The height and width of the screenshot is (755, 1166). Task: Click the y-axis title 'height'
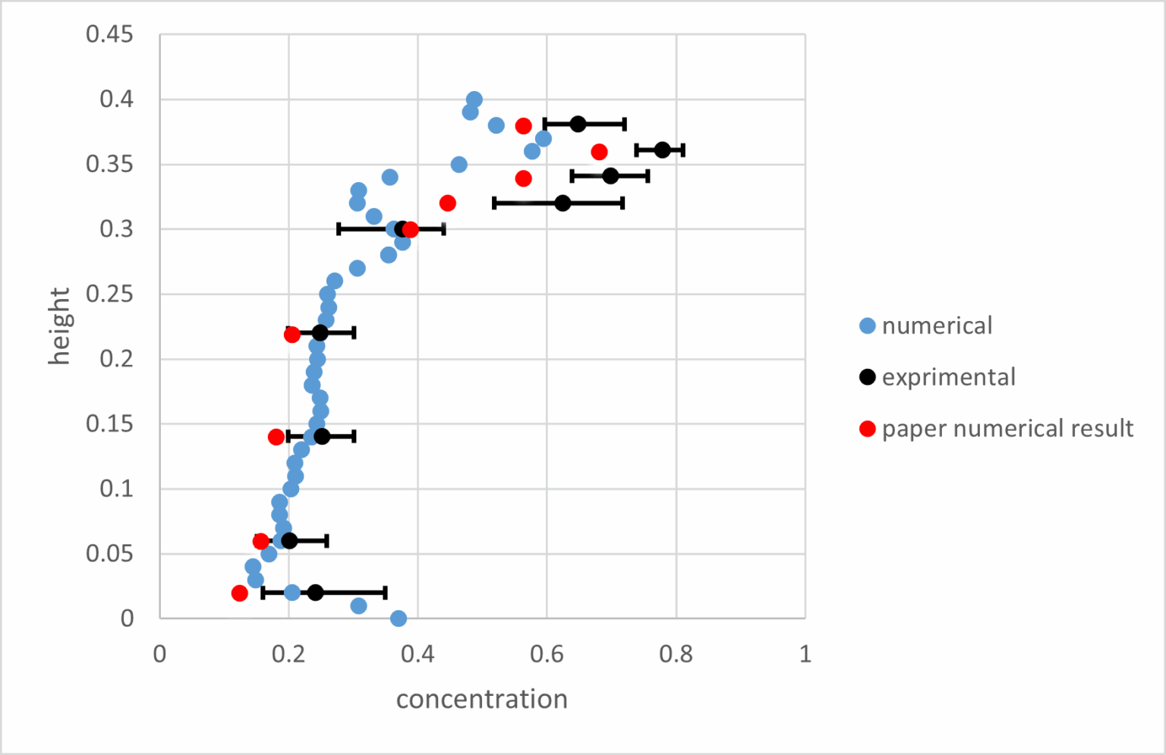click(59, 326)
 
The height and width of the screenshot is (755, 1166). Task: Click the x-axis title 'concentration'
click(481, 699)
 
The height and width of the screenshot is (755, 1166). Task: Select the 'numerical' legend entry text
click(937, 326)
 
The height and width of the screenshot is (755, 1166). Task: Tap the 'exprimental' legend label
click(948, 377)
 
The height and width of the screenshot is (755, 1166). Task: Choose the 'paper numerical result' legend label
click(1007, 429)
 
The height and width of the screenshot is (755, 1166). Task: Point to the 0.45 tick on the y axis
click(109, 34)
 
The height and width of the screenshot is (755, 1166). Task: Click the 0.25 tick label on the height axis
click(109, 294)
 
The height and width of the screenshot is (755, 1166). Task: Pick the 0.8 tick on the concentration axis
click(676, 654)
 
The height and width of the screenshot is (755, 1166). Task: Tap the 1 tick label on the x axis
click(805, 654)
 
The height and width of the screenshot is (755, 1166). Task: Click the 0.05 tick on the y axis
click(109, 553)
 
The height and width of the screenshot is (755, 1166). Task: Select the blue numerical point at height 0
click(399, 618)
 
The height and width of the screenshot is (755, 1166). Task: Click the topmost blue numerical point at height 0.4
click(474, 99)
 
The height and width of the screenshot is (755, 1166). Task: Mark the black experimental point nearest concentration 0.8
click(663, 150)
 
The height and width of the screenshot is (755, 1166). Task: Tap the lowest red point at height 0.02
click(240, 593)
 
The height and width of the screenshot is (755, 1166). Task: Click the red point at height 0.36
click(600, 152)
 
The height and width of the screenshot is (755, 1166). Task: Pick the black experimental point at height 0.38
click(578, 124)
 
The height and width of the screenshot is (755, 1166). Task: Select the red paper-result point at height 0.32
click(448, 203)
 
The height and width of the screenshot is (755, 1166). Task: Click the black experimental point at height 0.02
click(316, 593)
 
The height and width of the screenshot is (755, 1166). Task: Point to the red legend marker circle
click(868, 429)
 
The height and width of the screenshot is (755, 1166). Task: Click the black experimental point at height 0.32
click(563, 203)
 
